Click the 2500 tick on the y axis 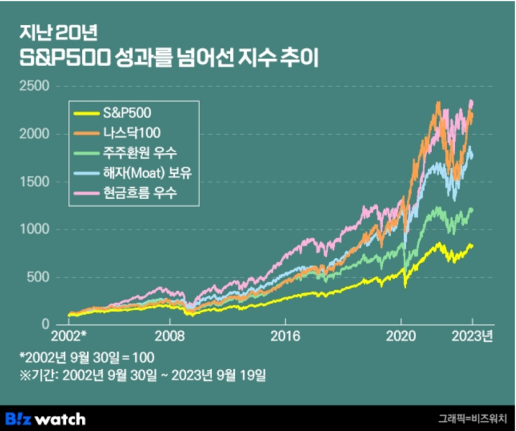[x=35, y=86]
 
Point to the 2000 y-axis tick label [x=35, y=133]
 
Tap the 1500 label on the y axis [x=35, y=181]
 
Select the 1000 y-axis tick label [x=35, y=229]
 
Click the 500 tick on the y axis [x=39, y=277]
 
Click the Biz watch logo [x=46, y=418]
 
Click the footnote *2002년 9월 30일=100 [x=87, y=357]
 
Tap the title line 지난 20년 [x=52, y=33]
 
